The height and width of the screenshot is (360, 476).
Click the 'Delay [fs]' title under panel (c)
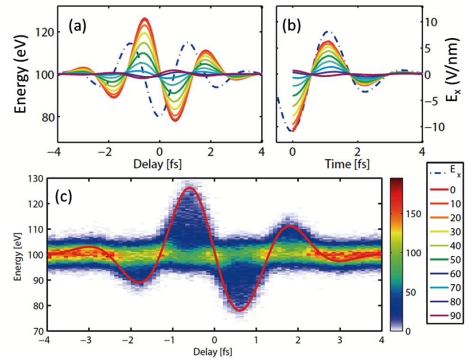click(x=213, y=352)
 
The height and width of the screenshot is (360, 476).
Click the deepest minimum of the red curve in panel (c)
click(x=240, y=311)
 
